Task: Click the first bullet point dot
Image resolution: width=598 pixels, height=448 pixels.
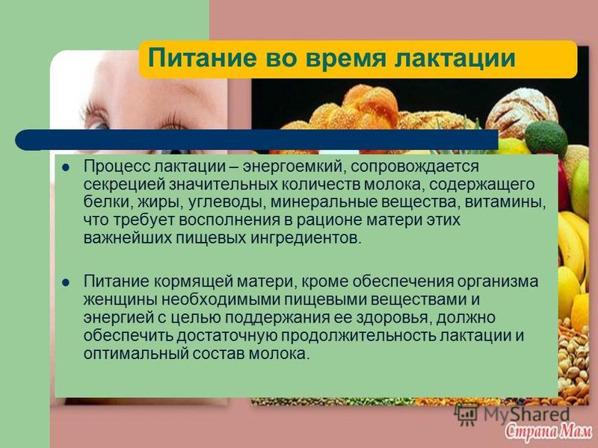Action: [x=66, y=167]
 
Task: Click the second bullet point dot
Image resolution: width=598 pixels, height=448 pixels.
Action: [x=66, y=283]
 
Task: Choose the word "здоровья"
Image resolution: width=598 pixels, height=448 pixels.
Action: [x=394, y=318]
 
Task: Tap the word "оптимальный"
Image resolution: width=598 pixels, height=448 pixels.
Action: [x=136, y=354]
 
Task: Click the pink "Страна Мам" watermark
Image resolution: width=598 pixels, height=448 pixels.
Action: [x=548, y=431]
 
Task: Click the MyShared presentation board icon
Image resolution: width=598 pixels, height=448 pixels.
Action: [x=466, y=414]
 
